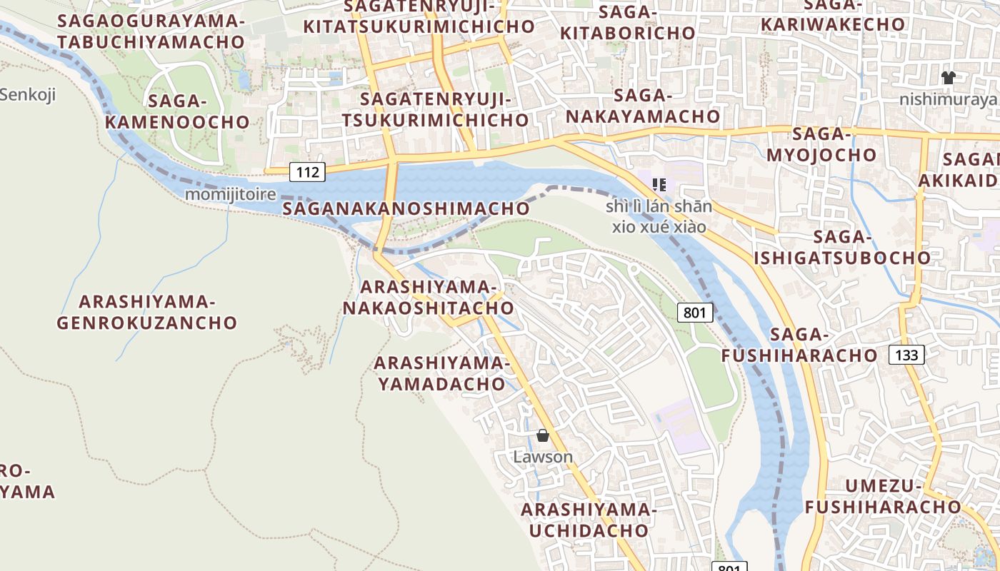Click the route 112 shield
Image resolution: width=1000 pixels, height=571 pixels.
click(x=308, y=171)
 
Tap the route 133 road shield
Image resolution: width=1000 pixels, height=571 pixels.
click(x=906, y=354)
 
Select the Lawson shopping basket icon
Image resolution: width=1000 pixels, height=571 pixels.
click(x=543, y=435)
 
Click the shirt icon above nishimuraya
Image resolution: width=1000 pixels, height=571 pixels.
click(x=948, y=78)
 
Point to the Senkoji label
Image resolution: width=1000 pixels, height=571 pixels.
click(x=27, y=94)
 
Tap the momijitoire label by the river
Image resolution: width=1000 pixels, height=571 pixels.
click(x=230, y=194)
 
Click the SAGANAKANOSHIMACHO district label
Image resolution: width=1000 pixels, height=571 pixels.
click(x=406, y=208)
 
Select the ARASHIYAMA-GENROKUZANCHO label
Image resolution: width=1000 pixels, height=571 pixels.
click(x=146, y=312)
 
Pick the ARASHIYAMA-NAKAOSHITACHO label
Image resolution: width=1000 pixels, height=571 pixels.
click(x=428, y=298)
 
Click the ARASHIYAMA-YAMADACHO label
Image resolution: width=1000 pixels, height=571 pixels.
click(x=442, y=373)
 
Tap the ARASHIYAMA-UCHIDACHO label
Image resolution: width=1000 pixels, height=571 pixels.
click(x=588, y=520)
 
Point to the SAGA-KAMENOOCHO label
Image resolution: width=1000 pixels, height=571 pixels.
click(x=177, y=111)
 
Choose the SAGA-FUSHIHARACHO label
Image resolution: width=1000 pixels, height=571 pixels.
click(x=799, y=345)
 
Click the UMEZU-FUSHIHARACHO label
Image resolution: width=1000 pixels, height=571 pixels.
click(x=884, y=497)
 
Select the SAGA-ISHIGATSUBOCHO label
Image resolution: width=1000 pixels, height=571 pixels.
click(x=842, y=247)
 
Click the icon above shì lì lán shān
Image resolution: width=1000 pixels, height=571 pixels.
click(x=659, y=185)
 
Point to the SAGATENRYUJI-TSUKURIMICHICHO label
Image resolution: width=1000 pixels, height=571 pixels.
click(x=436, y=109)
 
